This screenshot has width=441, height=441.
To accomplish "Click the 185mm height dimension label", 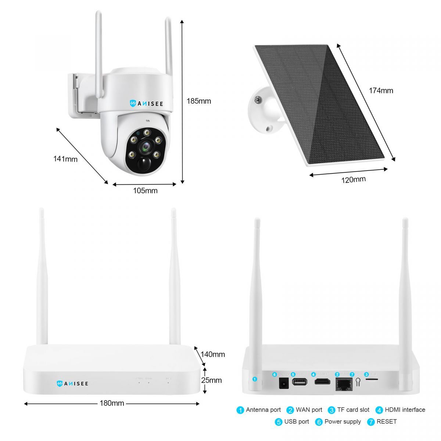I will coord(199,101).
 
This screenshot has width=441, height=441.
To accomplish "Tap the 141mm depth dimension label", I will coord(65,159).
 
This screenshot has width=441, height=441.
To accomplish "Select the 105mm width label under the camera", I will coord(145,190).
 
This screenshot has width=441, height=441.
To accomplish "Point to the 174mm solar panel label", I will coord(381,90).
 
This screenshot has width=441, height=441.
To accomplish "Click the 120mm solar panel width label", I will coord(354,179).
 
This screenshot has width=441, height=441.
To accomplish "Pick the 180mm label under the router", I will coord(112,403).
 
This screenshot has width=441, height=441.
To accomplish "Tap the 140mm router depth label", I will coord(213,354).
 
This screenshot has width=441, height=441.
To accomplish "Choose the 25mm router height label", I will coord(211,380).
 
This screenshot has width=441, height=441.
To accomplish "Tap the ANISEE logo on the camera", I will coord(151,104).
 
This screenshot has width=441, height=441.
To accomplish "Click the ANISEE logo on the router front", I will coord(72,384).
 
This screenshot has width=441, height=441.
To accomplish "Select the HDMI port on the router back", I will coord(321,382).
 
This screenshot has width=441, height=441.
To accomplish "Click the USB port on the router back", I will coord(300,382).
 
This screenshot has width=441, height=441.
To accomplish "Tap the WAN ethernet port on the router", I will coord(344,384).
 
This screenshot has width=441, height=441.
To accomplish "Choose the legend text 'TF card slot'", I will coord(353,410).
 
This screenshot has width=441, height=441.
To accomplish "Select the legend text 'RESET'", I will coord(387,422).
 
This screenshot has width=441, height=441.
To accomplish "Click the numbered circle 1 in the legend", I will coord(240,410).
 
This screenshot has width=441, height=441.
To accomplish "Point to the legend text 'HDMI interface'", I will coord(405,410).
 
